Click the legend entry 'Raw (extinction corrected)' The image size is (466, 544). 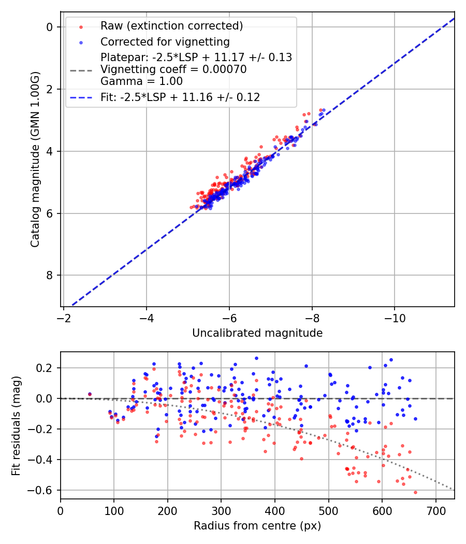[171, 26]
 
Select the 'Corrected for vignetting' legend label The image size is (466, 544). [165, 41]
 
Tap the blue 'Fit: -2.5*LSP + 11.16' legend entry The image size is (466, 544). [180, 97]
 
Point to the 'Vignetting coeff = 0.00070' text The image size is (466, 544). [173, 69]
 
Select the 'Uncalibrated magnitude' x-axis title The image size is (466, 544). [257, 333]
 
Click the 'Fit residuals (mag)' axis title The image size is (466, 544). [17, 425]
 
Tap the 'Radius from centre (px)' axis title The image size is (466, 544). [257, 526]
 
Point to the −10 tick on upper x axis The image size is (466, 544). [395, 317]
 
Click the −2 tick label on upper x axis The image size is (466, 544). [64, 317]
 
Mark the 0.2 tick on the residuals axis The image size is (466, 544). [47, 368]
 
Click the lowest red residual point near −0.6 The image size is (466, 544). [415, 492]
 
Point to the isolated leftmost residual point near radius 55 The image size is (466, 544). [90, 394]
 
